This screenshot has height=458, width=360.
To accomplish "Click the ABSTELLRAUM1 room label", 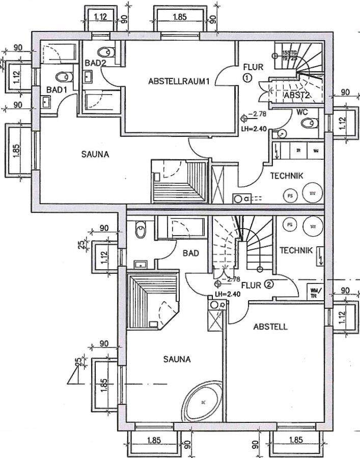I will pyautogui.click(x=179, y=81).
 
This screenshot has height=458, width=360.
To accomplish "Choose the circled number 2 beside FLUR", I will pyautogui.click(x=269, y=285).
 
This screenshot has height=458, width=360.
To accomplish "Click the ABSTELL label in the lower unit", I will pyautogui.click(x=270, y=327).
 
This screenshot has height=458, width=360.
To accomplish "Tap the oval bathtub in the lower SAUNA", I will pyautogui.click(x=203, y=402).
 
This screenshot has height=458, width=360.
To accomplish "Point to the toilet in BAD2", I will pyautogui.click(x=105, y=51).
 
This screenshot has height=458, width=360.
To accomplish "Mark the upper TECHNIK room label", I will pyautogui.click(x=287, y=176).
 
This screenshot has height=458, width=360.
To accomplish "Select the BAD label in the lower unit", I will pyautogui.click(x=191, y=253).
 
